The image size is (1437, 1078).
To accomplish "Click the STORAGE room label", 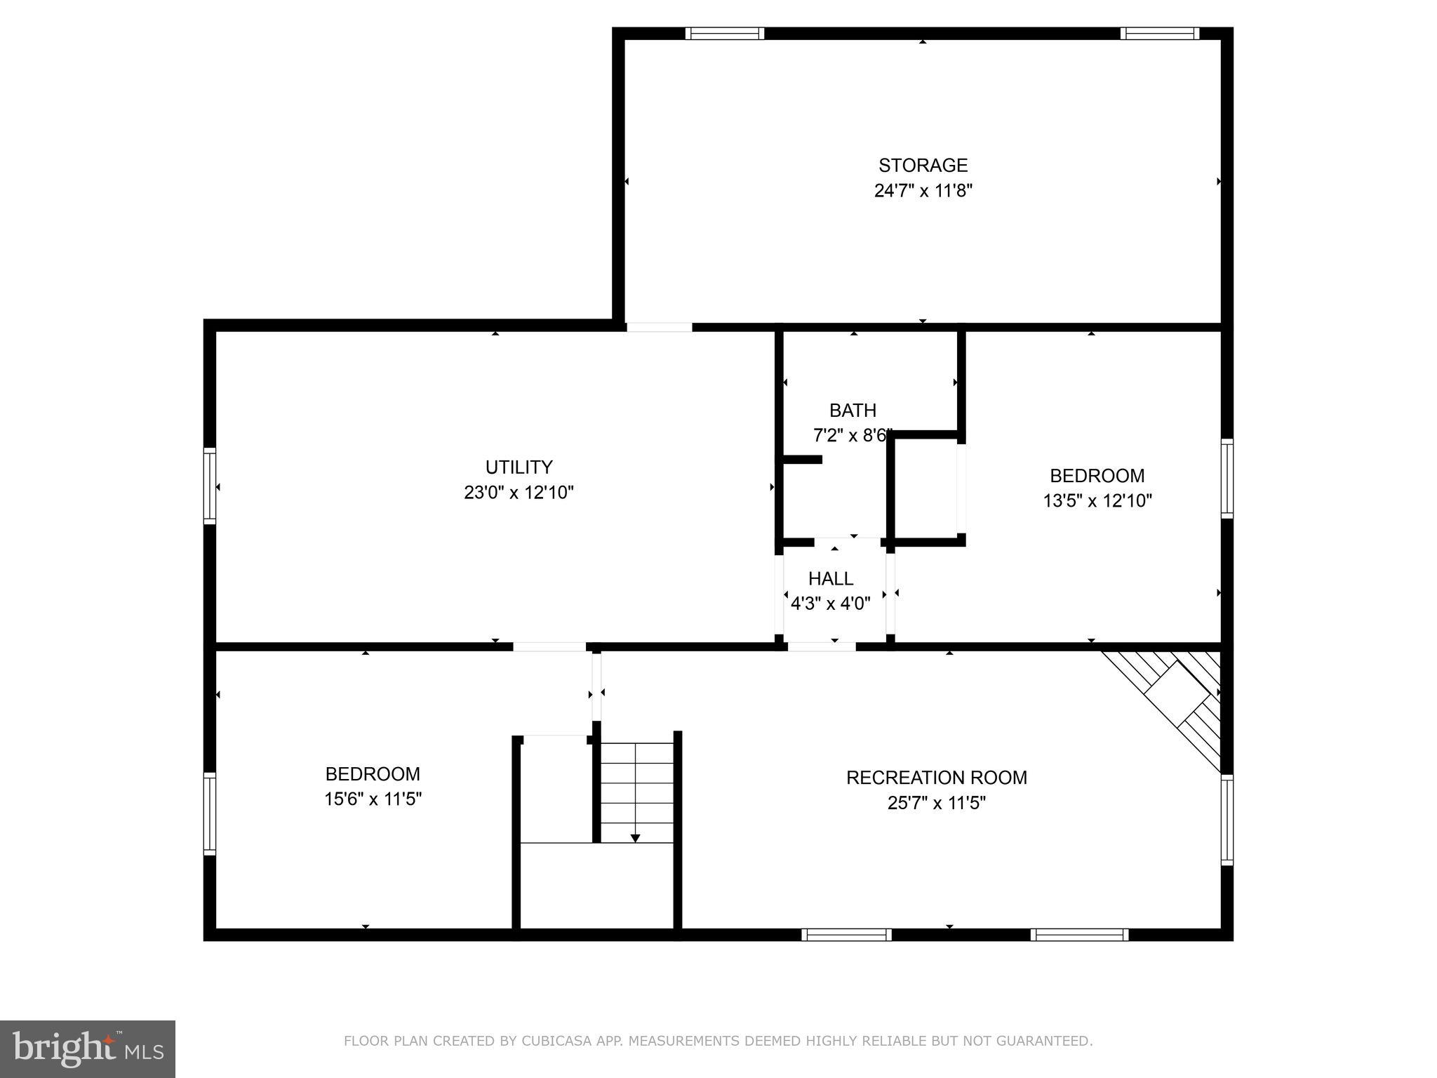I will pyautogui.click(x=923, y=166).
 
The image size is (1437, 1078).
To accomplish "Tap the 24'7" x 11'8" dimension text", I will pyautogui.click(x=923, y=191).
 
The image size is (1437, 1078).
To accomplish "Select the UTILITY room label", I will pyautogui.click(x=519, y=467).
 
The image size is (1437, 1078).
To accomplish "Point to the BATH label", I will pyautogui.click(x=853, y=411).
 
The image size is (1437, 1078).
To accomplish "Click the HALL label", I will pyautogui.click(x=831, y=579).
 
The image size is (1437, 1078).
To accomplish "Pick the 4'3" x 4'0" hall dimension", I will pyautogui.click(x=831, y=604).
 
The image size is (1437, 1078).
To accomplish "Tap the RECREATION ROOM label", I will pyautogui.click(x=936, y=778).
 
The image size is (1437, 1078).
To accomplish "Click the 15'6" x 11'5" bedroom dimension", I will pyautogui.click(x=373, y=799).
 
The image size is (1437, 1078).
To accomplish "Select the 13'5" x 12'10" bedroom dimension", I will pyautogui.click(x=1097, y=501).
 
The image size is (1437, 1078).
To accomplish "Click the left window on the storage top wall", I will pyautogui.click(x=724, y=33).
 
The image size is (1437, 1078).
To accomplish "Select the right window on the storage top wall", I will pyautogui.click(x=1159, y=33).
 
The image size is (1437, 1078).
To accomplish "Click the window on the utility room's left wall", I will pyautogui.click(x=210, y=486).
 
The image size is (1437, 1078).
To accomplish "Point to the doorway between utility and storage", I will pyautogui.click(x=659, y=327).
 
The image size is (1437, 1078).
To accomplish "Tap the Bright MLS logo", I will pyautogui.click(x=88, y=1049).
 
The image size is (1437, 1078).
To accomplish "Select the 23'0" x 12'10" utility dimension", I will pyautogui.click(x=519, y=493).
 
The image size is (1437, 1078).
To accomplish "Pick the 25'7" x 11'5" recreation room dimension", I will pyautogui.click(x=936, y=803).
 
